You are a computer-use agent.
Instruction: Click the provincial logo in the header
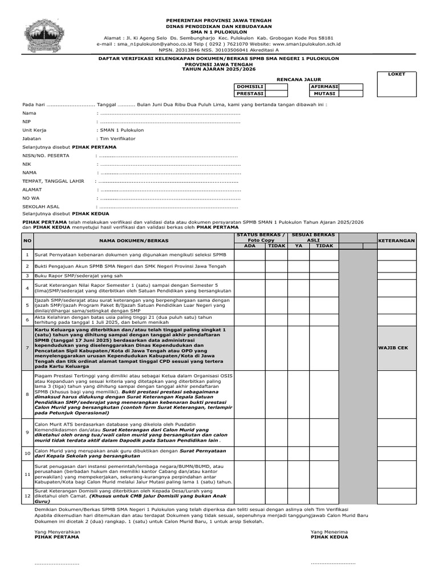tap(48, 34)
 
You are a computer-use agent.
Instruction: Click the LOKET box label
tap(396, 74)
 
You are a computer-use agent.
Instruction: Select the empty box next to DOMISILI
tap(276, 86)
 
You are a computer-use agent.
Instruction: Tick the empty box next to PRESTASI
tap(276, 94)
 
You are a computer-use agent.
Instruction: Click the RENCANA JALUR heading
tap(299, 79)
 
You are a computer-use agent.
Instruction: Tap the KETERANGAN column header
tap(396, 241)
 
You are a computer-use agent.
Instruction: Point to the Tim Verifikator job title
tap(118, 138)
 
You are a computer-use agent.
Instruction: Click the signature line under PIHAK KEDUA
tap(332, 563)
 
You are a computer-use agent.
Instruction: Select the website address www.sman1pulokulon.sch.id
tap(306, 43)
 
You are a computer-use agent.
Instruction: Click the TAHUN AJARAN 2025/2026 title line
tap(219, 68)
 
